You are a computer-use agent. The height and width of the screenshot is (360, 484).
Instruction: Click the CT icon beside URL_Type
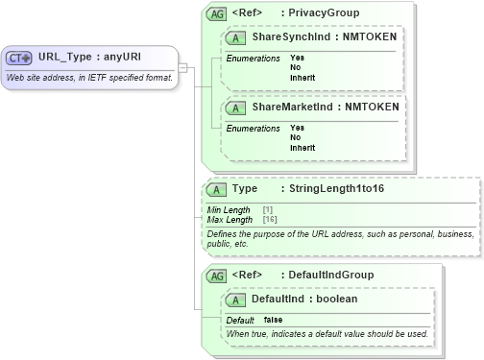click(20, 57)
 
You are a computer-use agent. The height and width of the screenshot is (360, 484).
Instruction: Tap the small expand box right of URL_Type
click(183, 67)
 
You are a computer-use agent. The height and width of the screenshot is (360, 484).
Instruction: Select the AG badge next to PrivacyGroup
click(216, 12)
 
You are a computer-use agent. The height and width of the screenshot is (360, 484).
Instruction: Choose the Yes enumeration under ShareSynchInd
click(297, 58)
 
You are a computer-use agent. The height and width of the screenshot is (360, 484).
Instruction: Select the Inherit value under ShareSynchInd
click(302, 77)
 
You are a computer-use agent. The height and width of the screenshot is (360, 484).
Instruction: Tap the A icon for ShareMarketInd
click(235, 107)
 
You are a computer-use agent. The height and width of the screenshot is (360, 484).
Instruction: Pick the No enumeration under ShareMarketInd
click(296, 137)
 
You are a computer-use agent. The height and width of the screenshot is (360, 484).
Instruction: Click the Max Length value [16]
click(270, 220)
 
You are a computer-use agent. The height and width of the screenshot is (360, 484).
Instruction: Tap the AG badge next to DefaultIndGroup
click(216, 276)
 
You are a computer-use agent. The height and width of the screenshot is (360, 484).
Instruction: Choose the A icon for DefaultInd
click(235, 300)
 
